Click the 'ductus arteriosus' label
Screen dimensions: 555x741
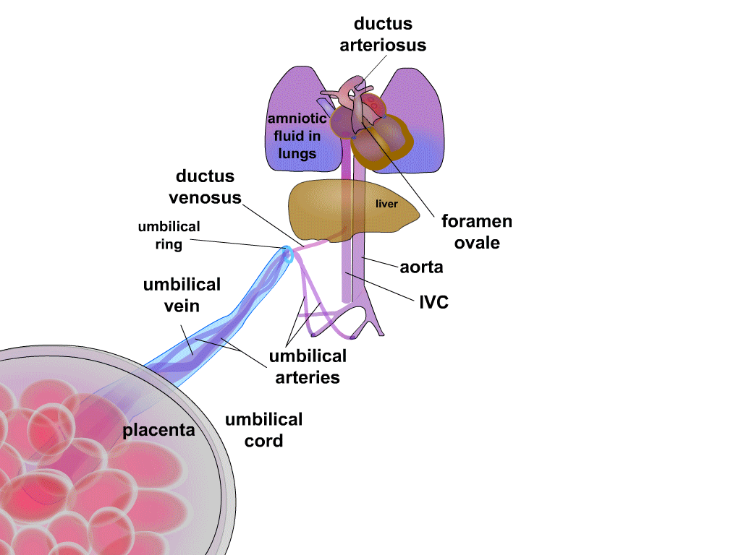pos(383,34)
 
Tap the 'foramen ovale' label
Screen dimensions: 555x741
pos(476,231)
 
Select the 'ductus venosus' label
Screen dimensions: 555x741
pos(205,186)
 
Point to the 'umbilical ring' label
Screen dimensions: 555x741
pos(169,236)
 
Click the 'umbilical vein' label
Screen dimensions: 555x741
pos(182,295)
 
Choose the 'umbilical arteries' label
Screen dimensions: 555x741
pos(308,366)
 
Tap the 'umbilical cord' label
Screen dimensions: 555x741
pos(263,430)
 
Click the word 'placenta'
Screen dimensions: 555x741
pos(158,430)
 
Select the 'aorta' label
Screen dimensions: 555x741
pos(421,267)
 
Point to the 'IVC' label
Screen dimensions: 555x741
pos(434,302)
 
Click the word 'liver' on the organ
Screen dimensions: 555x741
pos(386,204)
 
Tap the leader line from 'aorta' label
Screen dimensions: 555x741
pos(380,263)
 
